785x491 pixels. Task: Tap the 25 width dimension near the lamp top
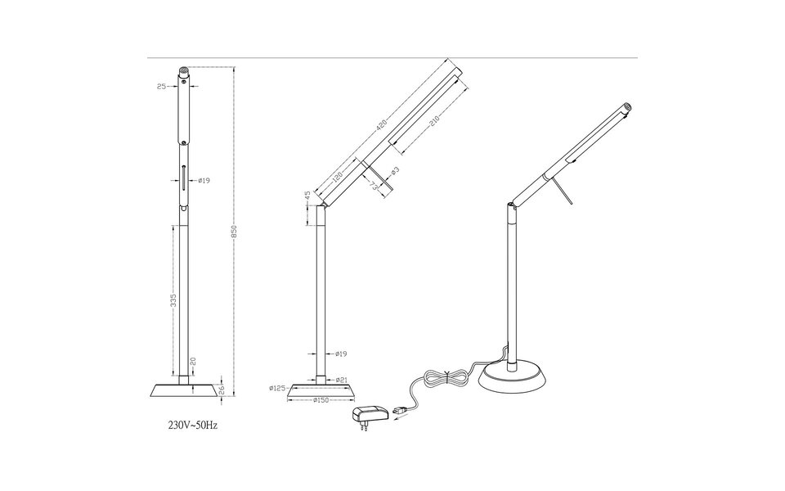click(x=161, y=85)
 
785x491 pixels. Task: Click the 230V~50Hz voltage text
click(x=193, y=426)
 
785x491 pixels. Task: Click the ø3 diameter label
click(x=394, y=171)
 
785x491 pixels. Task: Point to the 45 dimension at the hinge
click(x=307, y=196)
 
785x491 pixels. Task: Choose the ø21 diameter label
click(x=342, y=380)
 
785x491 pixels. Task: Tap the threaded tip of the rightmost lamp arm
click(x=627, y=106)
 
